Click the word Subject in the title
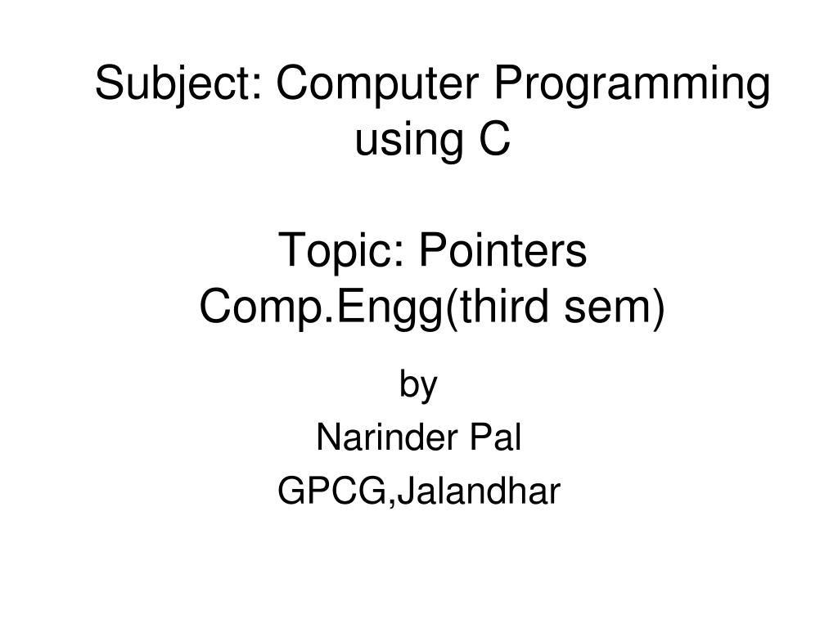(172, 86)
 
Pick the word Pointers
(503, 251)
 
